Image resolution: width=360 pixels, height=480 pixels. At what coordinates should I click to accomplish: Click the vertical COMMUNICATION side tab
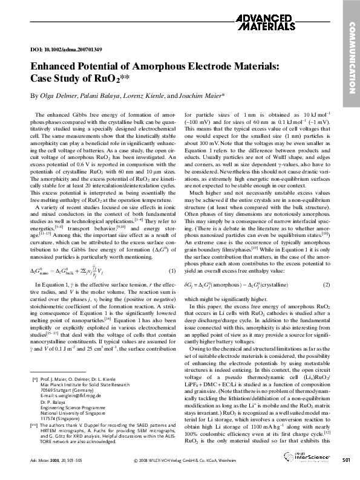coord(350,57)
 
